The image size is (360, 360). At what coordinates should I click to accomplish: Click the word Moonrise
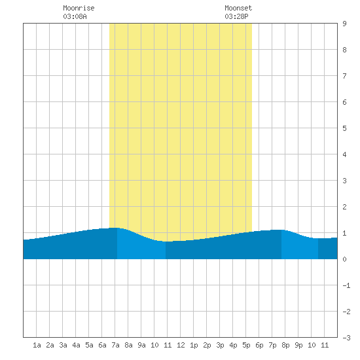(x=79, y=8)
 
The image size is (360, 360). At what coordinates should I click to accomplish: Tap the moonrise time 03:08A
(x=75, y=16)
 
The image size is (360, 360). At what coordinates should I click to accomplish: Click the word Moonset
(x=238, y=8)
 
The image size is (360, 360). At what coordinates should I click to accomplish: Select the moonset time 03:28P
(x=236, y=16)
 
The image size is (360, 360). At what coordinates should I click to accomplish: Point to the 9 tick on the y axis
(x=344, y=24)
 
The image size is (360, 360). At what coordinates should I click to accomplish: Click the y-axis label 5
(x=344, y=128)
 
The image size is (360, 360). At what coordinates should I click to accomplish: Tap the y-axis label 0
(x=344, y=259)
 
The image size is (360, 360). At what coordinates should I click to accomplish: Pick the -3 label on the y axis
(x=346, y=338)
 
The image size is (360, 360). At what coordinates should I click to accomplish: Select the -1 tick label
(x=346, y=285)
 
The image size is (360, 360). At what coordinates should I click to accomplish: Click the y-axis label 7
(x=344, y=76)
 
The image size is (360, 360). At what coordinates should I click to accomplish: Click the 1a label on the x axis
(x=37, y=345)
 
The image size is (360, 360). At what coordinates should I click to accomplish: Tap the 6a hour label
(x=102, y=345)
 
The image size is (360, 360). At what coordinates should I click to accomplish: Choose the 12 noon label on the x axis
(x=181, y=345)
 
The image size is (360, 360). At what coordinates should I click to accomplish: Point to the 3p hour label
(x=220, y=345)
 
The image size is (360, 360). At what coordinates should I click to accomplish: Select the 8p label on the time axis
(x=285, y=345)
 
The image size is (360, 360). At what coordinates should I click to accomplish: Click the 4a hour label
(x=76, y=345)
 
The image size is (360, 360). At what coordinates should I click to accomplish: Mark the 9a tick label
(x=141, y=345)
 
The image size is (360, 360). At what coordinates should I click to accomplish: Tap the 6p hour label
(x=259, y=345)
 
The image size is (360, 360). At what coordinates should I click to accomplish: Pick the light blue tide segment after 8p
(x=300, y=247)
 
